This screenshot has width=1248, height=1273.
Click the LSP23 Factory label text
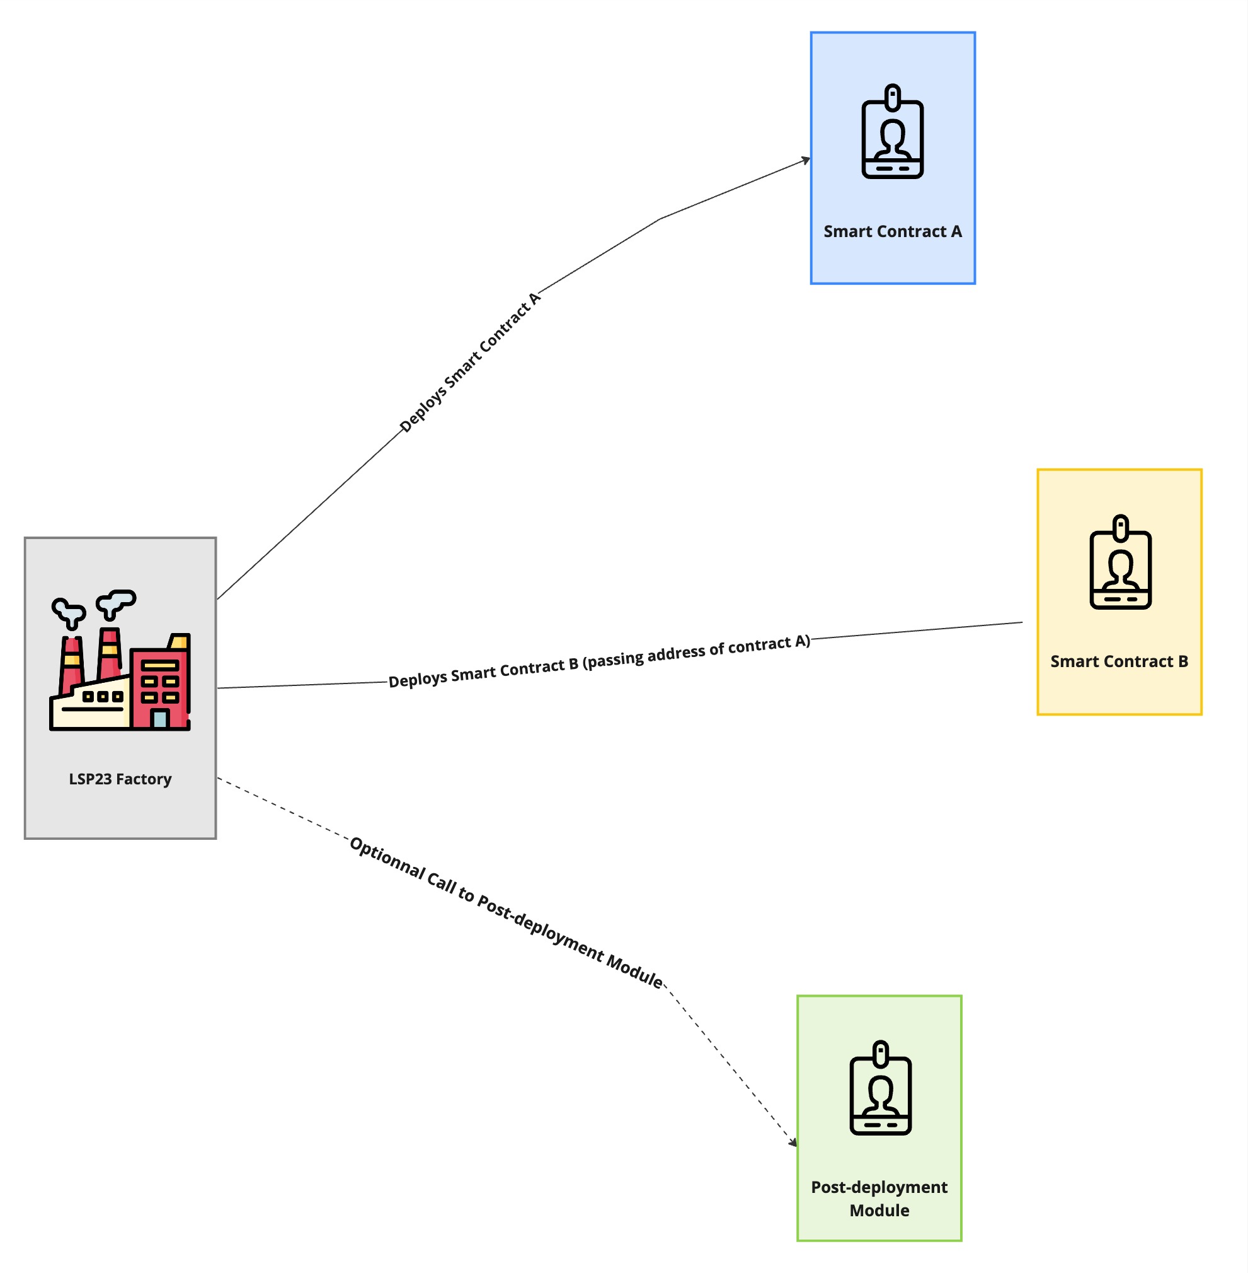click(120, 779)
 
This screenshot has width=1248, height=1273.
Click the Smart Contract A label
click(892, 231)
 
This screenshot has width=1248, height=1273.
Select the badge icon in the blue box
click(892, 132)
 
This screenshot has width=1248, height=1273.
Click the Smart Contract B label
click(1119, 661)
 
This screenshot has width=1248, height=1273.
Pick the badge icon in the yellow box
click(1120, 562)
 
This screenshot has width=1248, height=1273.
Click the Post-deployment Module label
click(879, 1198)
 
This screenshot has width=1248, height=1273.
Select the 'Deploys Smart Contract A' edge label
click(470, 363)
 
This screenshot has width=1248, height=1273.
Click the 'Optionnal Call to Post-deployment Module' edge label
click(506, 912)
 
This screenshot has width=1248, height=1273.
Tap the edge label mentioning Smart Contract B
click(599, 662)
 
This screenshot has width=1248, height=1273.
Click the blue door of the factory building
click(159, 719)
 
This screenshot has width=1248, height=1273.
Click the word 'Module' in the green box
click(879, 1210)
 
